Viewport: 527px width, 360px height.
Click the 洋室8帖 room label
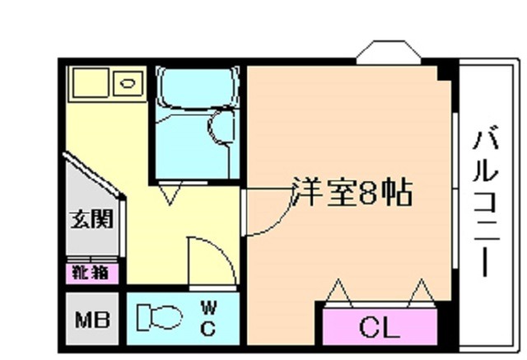(352, 192)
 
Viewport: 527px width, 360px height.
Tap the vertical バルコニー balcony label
(486, 201)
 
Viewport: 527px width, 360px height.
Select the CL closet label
(380, 327)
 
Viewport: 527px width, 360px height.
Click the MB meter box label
(92, 320)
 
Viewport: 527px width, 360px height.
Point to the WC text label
(208, 318)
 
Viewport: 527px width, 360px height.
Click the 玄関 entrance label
(91, 219)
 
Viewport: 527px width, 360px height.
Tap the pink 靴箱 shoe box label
(91, 273)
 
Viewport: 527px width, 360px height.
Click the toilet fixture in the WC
(159, 316)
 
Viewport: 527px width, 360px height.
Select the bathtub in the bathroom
(198, 88)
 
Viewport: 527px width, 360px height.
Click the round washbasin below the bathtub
(221, 128)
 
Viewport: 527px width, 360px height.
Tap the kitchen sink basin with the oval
(128, 83)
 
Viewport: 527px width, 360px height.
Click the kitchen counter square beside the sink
(91, 83)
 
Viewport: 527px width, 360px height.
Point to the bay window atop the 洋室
(389, 53)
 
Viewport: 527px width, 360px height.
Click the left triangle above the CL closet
(338, 292)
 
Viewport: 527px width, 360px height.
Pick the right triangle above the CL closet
(422, 292)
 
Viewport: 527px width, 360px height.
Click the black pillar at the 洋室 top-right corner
(445, 73)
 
